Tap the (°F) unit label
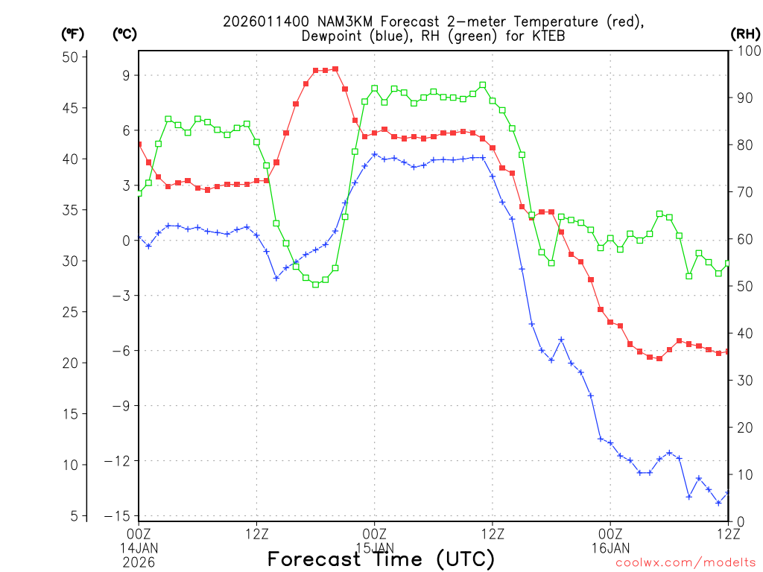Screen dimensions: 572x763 (73, 34)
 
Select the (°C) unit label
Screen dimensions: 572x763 (125, 34)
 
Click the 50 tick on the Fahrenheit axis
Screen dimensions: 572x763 (71, 57)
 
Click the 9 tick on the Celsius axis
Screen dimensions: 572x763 (127, 75)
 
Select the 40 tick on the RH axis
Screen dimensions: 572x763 (744, 333)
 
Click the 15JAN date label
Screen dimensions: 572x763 (375, 547)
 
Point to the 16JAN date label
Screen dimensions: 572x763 (610, 547)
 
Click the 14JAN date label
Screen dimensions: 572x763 (139, 547)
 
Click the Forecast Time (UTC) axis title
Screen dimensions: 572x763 (381, 559)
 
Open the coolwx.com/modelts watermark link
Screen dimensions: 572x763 (686, 563)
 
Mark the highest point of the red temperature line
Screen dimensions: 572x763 (335, 69)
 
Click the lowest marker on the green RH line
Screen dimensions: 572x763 (315, 285)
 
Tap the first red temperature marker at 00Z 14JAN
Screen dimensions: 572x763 (139, 144)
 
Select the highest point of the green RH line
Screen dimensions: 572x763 (482, 85)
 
